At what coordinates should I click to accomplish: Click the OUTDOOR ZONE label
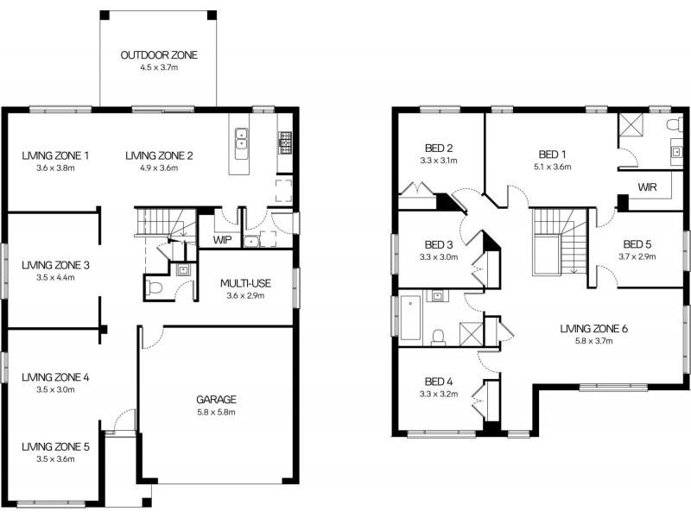(x=159, y=55)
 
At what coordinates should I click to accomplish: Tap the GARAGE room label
(x=217, y=400)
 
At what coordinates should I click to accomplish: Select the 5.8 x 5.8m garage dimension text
(x=217, y=413)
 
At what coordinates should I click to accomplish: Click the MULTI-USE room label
(x=245, y=283)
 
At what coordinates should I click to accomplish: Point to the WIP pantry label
(x=223, y=240)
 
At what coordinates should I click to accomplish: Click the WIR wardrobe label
(x=647, y=187)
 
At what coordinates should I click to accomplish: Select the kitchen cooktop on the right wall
(x=285, y=142)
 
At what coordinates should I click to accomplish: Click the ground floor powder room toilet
(x=155, y=288)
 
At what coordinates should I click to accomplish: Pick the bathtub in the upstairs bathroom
(x=411, y=318)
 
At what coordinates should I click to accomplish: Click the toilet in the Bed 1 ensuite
(x=675, y=124)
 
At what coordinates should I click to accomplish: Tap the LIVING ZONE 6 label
(x=593, y=329)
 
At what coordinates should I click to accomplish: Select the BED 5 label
(x=637, y=244)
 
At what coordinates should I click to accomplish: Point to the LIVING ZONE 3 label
(x=55, y=265)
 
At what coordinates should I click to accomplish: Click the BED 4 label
(x=439, y=382)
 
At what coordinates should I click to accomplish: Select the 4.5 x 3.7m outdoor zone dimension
(x=159, y=67)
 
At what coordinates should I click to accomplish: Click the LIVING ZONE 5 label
(x=55, y=446)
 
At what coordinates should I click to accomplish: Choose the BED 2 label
(x=439, y=148)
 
